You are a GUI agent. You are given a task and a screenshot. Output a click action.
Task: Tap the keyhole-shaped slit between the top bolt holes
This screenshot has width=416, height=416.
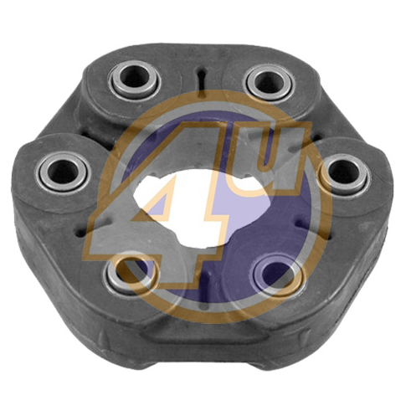(x=200, y=79)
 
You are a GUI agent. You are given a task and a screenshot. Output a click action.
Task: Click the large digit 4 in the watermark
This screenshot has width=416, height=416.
(x=157, y=201)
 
